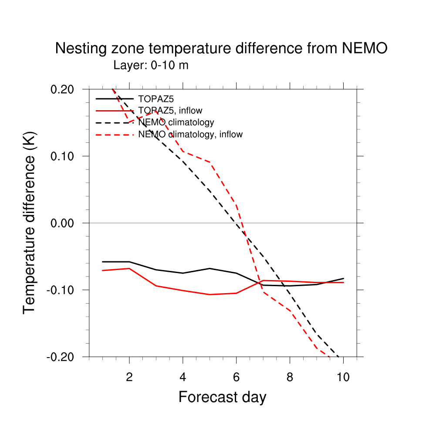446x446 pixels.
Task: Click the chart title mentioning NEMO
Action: [x=221, y=49]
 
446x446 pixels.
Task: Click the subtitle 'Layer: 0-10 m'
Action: [x=151, y=65]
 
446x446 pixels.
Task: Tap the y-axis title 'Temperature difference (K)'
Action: [x=30, y=223]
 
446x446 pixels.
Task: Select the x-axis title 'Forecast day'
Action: [x=222, y=397]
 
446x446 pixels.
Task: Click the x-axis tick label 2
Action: [x=129, y=377]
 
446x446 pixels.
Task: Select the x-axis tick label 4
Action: [x=183, y=377]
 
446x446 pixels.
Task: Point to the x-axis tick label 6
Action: [x=237, y=377]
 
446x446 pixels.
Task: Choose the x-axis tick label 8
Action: [x=290, y=377]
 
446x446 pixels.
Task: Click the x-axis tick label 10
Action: [x=343, y=377]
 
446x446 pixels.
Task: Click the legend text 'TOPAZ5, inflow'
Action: [x=170, y=111]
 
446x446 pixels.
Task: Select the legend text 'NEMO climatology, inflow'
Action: [x=190, y=134]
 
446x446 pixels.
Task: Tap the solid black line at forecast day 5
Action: [x=209, y=268]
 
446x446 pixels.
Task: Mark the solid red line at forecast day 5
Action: [x=209, y=294]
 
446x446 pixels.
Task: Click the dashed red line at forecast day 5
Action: [x=209, y=162]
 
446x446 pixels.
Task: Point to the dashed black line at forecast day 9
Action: [x=317, y=334]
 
